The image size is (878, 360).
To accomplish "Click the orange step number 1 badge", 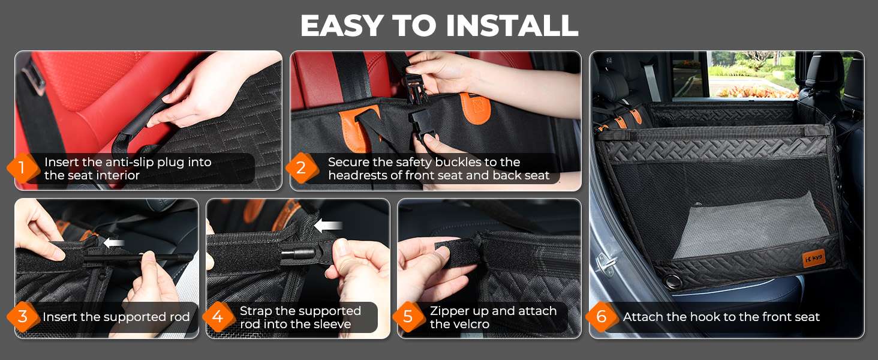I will pos(21,169).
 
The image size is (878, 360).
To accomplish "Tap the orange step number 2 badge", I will pos(300,169).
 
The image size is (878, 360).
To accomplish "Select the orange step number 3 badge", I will pos(22,317).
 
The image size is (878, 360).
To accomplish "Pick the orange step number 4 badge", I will pos(218,317).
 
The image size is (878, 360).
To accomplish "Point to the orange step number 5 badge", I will pos(408,317).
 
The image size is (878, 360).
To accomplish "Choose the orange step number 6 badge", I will pos(602,317).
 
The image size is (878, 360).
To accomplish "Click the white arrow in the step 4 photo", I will pos(327,226).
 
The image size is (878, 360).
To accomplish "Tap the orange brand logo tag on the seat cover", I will pos(814,259).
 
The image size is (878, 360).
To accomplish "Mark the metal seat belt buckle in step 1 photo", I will pos(35,79).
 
